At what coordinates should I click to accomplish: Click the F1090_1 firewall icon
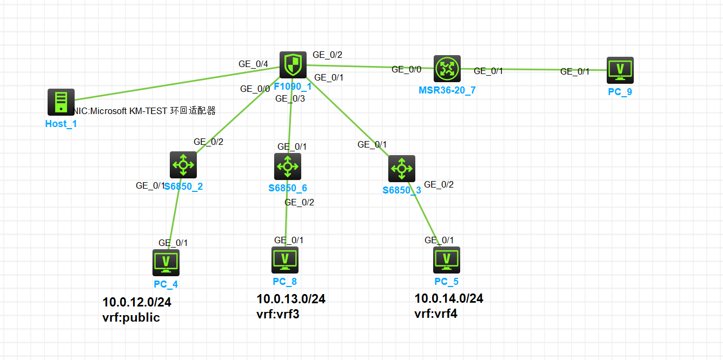click(x=293, y=65)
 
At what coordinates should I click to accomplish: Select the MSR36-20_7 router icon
click(x=447, y=68)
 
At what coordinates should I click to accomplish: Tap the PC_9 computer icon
click(x=620, y=70)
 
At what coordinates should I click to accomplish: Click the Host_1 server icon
click(x=61, y=102)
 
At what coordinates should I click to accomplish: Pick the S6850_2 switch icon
click(x=183, y=165)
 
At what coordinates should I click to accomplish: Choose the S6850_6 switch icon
click(x=287, y=166)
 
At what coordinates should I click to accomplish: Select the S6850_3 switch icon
click(x=402, y=169)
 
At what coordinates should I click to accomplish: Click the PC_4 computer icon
click(x=166, y=263)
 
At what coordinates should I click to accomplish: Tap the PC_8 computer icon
click(x=284, y=260)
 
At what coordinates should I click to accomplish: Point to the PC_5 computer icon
click(x=447, y=260)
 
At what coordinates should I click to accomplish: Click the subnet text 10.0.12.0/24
click(x=137, y=302)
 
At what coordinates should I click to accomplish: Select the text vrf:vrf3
click(x=277, y=314)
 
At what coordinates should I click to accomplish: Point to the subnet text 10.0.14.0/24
click(x=449, y=298)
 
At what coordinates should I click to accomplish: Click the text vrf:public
click(x=131, y=317)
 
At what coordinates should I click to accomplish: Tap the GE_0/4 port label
click(x=253, y=64)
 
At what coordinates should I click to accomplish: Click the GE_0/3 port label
click(x=290, y=98)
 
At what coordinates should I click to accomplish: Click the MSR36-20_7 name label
click(x=447, y=90)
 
